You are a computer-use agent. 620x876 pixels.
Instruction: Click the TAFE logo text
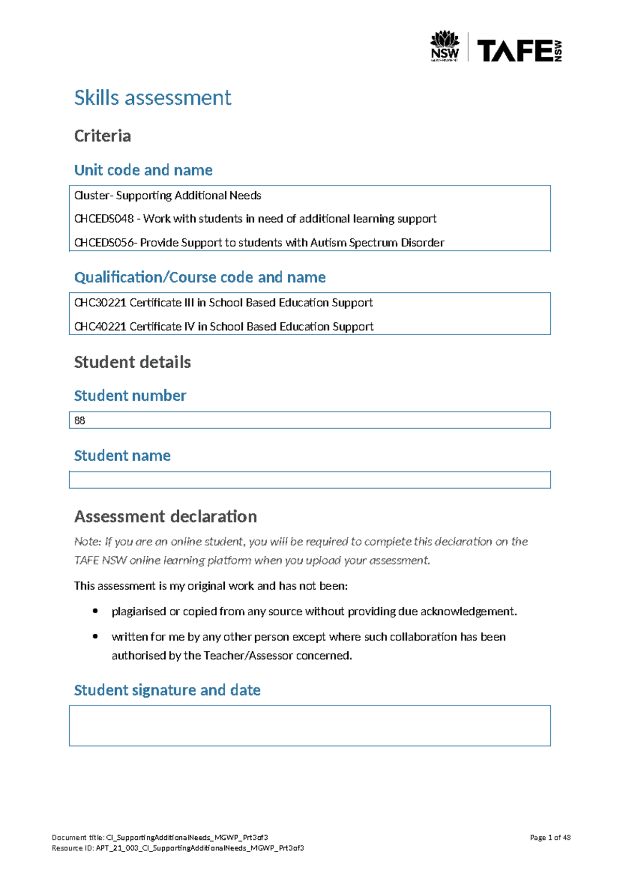(515, 51)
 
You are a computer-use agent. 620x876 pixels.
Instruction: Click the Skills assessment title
(152, 98)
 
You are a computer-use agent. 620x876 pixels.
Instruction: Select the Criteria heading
(102, 136)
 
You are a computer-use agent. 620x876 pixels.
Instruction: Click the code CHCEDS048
(104, 219)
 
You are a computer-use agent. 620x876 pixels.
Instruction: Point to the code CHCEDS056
(104, 243)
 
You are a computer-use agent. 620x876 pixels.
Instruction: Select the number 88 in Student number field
(80, 420)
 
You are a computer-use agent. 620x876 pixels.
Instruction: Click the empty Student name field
(309, 480)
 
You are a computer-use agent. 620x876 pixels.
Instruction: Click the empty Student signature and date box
(309, 726)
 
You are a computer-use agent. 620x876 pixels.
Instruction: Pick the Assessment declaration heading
(165, 517)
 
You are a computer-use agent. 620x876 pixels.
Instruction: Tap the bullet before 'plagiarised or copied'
(95, 611)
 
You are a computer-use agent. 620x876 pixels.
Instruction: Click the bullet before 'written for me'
(95, 636)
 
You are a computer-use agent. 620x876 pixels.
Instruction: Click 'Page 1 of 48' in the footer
(550, 838)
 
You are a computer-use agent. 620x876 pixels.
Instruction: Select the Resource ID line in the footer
(178, 848)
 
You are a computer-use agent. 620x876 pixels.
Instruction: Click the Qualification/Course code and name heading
(199, 277)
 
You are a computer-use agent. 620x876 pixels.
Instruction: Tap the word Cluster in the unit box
(91, 196)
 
